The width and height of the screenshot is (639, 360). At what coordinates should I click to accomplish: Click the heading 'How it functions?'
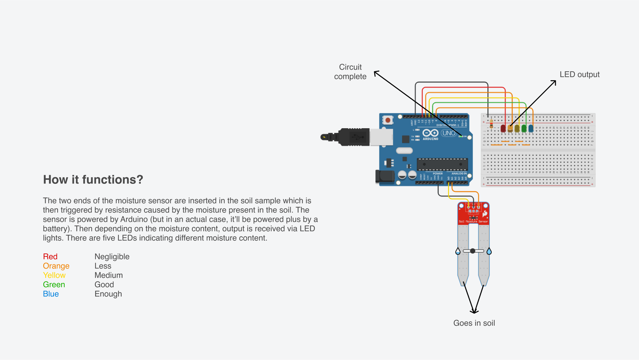click(93, 180)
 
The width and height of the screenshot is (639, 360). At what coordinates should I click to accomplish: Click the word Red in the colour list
click(50, 256)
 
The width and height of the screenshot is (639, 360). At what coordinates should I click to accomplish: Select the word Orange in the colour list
click(56, 266)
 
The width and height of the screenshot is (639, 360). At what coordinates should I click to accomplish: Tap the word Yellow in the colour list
click(54, 275)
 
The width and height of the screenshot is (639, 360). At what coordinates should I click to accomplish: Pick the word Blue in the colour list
click(51, 294)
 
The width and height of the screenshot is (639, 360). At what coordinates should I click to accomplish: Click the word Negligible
click(112, 256)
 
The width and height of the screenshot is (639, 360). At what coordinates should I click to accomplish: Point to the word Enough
click(108, 294)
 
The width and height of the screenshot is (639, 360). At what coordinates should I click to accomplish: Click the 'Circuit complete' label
click(350, 72)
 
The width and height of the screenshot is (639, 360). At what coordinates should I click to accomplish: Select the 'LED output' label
click(579, 74)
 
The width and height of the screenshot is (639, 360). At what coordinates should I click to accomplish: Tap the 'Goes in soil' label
click(474, 323)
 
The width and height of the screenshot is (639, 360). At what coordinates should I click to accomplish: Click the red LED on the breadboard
click(503, 128)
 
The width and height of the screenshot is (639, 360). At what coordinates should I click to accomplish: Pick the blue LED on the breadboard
click(531, 128)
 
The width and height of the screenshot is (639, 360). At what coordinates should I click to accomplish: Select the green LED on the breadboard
click(524, 128)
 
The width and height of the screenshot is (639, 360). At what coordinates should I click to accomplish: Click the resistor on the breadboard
click(491, 124)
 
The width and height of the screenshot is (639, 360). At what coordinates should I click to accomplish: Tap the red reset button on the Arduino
click(388, 120)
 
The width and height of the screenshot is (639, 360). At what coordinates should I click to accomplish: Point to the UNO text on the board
click(449, 133)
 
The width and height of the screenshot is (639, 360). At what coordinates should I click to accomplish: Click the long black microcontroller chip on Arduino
click(442, 164)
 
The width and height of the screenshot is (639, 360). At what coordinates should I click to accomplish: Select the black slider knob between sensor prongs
click(473, 251)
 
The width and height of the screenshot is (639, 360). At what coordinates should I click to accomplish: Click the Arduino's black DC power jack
click(384, 177)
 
